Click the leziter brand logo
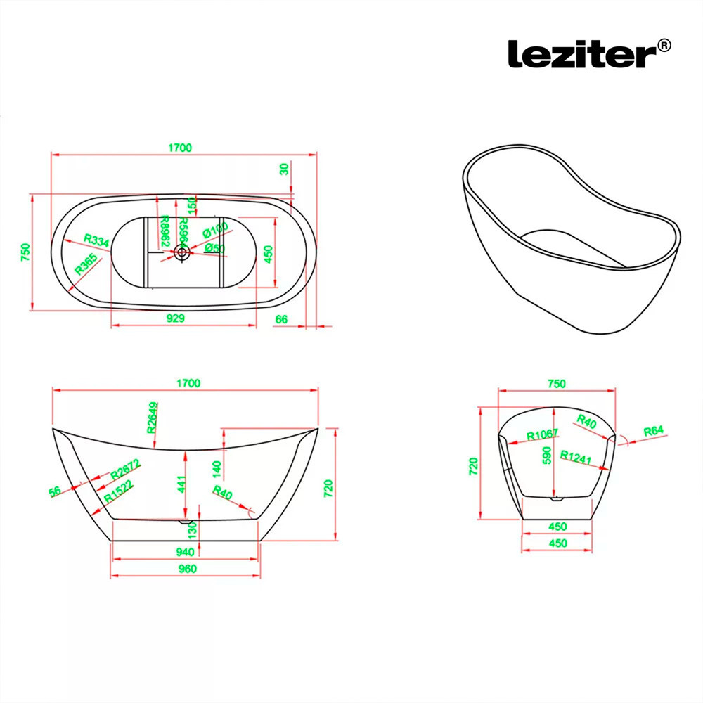click(581, 53)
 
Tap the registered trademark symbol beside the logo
click(663, 46)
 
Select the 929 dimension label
click(176, 318)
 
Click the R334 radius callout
click(96, 241)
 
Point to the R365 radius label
click(86, 264)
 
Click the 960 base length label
click(187, 569)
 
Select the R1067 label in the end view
click(542, 434)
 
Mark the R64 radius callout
click(653, 430)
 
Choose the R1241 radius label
click(576, 455)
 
